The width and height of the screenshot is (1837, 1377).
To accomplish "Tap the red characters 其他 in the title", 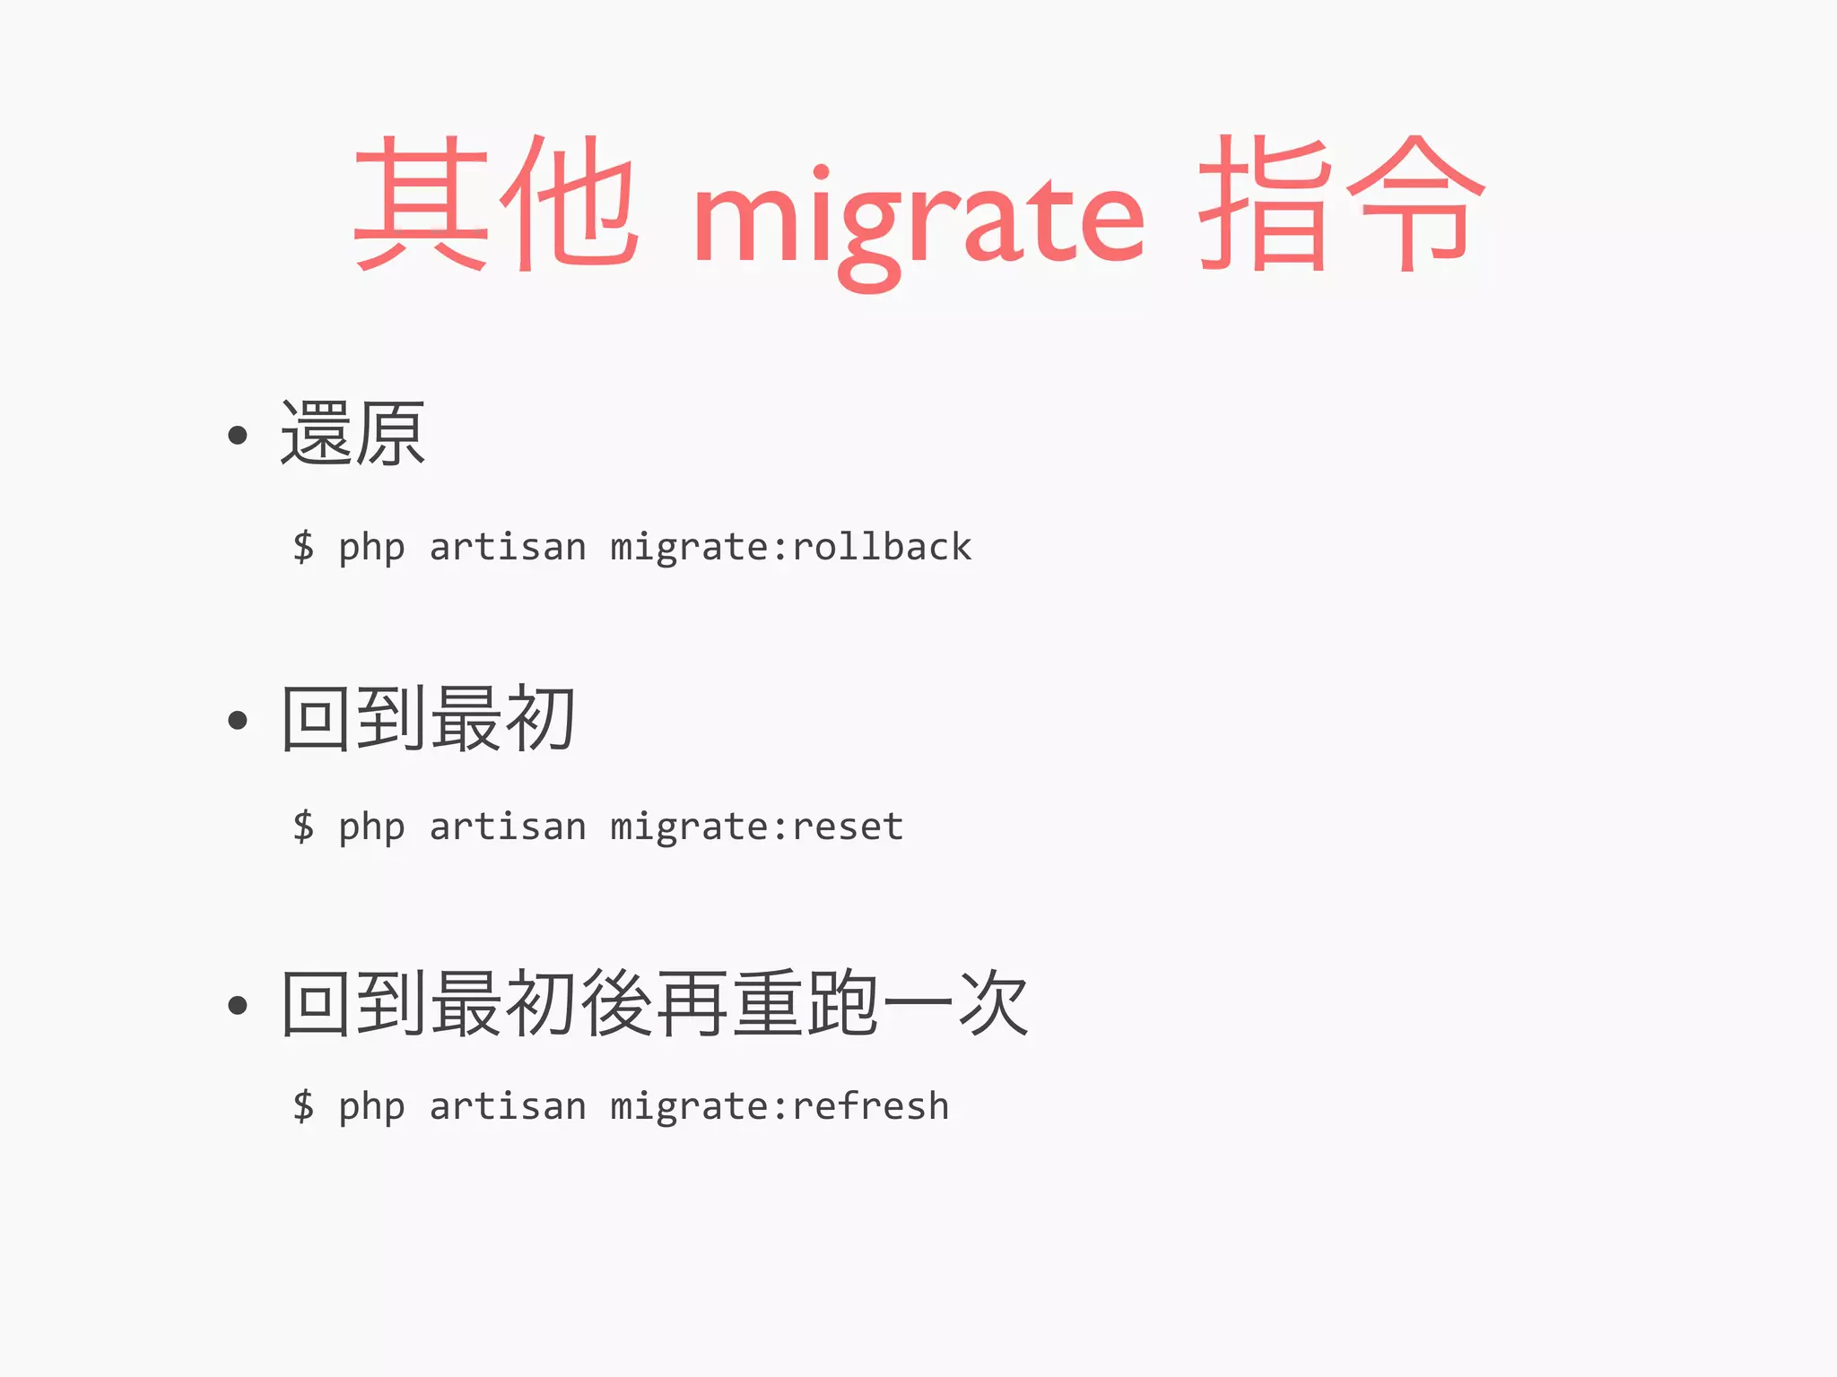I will click(x=496, y=204).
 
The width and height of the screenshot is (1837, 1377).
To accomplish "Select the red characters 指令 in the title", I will click(x=1342, y=204).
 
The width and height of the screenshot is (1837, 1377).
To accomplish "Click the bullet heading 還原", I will click(x=353, y=434).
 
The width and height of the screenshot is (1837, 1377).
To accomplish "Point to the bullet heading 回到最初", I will click(x=428, y=718).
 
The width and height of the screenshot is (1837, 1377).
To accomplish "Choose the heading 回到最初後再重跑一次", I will click(x=655, y=1003).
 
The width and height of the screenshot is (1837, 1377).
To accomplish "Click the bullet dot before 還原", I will click(x=238, y=436).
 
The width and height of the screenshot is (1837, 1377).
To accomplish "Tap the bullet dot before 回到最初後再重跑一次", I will click(x=238, y=1005).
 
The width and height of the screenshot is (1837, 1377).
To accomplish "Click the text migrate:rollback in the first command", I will click(x=790, y=547).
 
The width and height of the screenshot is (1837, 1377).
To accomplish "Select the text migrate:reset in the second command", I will click(x=756, y=827).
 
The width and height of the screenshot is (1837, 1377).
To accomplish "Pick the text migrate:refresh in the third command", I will click(x=779, y=1106).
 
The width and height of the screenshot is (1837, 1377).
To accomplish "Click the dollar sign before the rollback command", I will click(x=304, y=547).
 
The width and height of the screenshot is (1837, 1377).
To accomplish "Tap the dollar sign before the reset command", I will click(x=304, y=827).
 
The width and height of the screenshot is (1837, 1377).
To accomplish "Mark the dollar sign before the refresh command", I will click(x=304, y=1106).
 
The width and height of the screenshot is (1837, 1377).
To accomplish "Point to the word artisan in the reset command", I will click(x=508, y=827).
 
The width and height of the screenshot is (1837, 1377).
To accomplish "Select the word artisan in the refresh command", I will click(x=508, y=1106).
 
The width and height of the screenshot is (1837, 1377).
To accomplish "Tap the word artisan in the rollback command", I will click(x=508, y=547).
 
